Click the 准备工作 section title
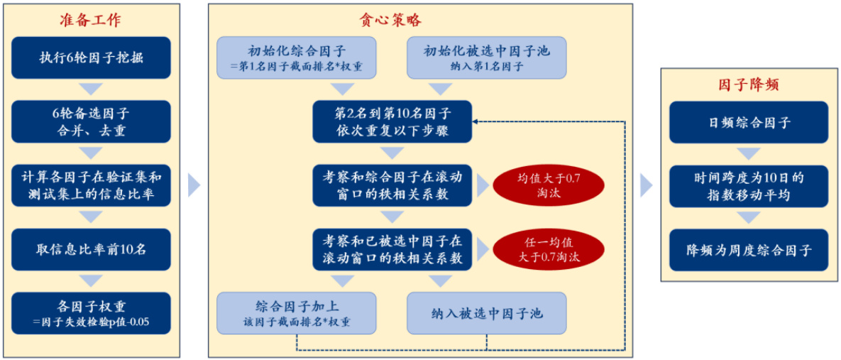point(90,21)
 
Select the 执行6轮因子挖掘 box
point(91,58)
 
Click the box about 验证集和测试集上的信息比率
point(91,185)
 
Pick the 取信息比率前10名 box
point(91,249)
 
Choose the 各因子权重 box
point(91,313)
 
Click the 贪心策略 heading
point(391,21)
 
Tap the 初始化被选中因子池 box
point(486,58)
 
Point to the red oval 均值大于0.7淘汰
point(549,185)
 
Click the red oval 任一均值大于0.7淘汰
point(549,249)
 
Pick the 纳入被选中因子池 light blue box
point(486,313)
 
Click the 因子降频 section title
point(749,84)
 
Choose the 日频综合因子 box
point(749,122)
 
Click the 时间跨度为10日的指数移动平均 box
point(749,186)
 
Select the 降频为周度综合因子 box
point(749,250)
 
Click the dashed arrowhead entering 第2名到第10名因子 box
point(476,121)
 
